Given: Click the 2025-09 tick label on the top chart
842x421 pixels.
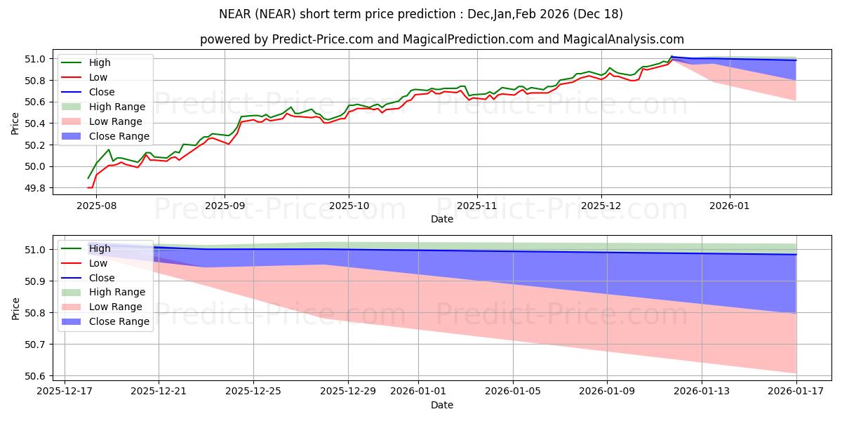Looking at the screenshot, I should tap(225, 206).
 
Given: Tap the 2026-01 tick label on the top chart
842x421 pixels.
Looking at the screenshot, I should tap(730, 206).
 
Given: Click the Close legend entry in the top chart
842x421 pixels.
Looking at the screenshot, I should tap(102, 92).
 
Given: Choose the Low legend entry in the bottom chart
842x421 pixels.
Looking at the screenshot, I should tap(98, 263).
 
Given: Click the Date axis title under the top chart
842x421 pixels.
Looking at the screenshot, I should tap(442, 219).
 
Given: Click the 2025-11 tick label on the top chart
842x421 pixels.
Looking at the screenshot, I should tap(477, 206).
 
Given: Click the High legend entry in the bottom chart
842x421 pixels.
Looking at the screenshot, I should tap(100, 248).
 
